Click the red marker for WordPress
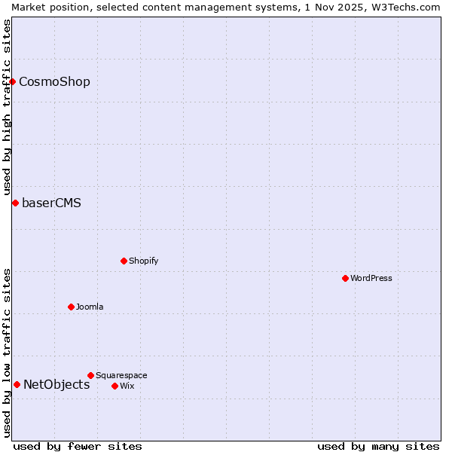pos(345,278)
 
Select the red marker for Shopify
pos(124,261)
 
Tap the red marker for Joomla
pos(71,307)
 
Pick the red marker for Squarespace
pos(90,375)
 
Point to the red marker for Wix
pos(115,386)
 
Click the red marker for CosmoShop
pos(13,81)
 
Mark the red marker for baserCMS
pos(15,203)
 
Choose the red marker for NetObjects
pos(17,384)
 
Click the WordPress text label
pos(371,278)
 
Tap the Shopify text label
pos(143,261)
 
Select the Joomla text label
pos(90,307)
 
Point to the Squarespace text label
pos(121,375)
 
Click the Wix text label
pos(127,386)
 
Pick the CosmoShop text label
pos(54,81)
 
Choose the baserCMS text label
pos(51,203)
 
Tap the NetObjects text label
pos(56,384)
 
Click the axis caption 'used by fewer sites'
pos(78,446)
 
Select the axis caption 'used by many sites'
pos(378,446)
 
